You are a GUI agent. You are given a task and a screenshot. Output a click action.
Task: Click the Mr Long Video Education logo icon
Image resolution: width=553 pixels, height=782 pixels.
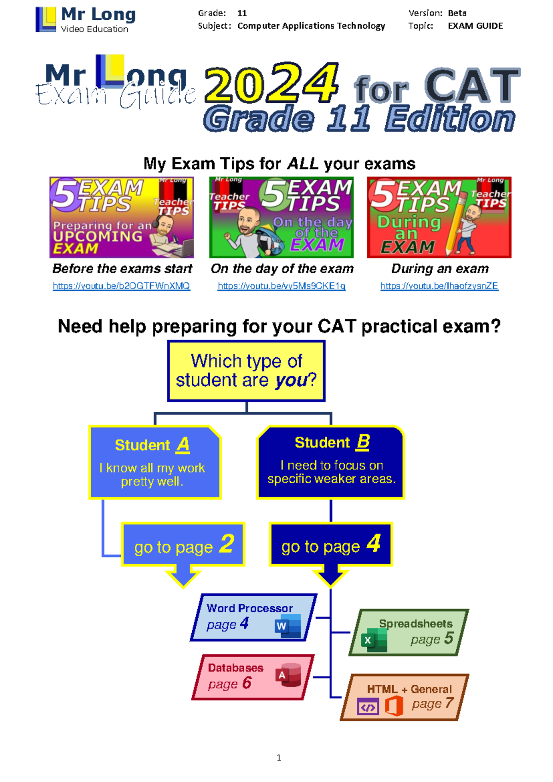46,20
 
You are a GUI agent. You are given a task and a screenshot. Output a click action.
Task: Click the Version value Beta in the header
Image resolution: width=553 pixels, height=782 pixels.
457,13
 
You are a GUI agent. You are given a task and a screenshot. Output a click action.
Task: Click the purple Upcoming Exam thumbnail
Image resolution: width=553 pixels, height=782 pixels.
122,217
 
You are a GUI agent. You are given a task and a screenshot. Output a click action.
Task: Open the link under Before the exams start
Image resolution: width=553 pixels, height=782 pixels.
121,286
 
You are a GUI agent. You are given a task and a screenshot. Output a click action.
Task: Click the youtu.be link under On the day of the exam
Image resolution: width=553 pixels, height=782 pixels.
281,286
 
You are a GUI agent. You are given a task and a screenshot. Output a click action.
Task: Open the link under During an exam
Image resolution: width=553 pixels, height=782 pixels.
439,286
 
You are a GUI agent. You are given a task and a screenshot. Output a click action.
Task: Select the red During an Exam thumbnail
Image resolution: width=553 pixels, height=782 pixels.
439,217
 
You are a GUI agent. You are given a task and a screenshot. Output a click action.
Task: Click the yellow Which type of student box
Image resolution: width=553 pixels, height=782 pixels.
247,371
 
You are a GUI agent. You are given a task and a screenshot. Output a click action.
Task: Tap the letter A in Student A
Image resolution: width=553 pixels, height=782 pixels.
183,444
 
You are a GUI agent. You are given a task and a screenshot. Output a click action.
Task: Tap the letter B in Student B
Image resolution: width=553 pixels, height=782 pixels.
363,442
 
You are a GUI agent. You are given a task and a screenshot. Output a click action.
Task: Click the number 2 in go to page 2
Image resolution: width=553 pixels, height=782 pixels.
227,544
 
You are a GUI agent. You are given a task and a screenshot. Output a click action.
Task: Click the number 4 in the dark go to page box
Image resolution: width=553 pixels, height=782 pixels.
374,543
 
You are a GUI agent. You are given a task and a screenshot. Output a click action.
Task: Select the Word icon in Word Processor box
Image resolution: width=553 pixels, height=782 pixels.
288,626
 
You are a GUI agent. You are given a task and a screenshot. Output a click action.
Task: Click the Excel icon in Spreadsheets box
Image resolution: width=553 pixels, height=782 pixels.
374,640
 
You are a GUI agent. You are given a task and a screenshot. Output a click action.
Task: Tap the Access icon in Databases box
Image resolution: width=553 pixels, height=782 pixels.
288,675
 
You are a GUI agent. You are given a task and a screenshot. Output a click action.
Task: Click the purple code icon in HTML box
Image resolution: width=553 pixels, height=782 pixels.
368,707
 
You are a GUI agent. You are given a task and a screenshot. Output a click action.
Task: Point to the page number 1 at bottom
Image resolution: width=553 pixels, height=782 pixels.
279,758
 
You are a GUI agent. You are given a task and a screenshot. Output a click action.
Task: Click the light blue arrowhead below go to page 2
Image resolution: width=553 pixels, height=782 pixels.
183,578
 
